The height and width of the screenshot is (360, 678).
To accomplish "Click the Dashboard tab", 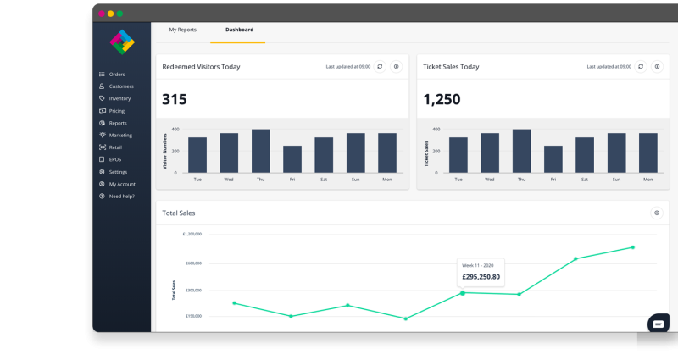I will coord(239,30).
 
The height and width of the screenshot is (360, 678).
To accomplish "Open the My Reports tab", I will coord(182,30).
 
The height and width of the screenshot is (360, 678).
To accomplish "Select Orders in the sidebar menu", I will coord(116,75).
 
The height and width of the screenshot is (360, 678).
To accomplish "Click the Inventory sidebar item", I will coord(119,98).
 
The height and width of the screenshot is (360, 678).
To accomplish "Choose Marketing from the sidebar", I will coord(119,135).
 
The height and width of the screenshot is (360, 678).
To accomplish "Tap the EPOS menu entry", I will coord(115,159).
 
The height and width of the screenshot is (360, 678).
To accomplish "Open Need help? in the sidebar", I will coord(121,196).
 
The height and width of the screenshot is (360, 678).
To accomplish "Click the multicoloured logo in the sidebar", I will coord(122,41).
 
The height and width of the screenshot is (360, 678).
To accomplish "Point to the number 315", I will coord(174,99).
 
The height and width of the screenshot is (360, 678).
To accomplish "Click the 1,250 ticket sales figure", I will coord(442,99).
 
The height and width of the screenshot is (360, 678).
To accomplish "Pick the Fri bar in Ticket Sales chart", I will coord(553,159).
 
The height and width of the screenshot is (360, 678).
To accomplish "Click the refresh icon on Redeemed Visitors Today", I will coord(380,66).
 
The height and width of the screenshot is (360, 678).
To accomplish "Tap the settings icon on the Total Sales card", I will coord(656,213).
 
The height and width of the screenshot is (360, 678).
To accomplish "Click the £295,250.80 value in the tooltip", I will coord(481,276).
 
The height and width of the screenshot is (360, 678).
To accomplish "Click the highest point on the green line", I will coord(632,247).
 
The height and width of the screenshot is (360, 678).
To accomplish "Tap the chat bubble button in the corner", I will coord(659,323).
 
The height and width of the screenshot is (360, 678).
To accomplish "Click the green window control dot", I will coord(119,14).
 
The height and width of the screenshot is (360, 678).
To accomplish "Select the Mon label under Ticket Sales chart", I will coord(648,180).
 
